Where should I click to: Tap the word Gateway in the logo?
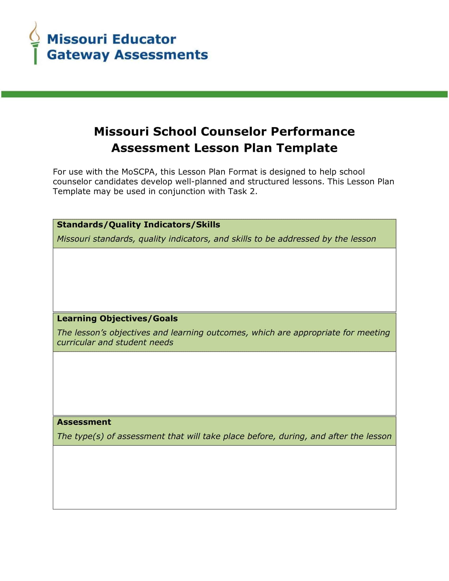[x=78, y=55]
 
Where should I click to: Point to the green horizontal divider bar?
[x=224, y=94]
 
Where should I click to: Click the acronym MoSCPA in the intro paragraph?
[x=138, y=172]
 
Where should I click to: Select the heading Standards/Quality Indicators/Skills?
[x=138, y=224]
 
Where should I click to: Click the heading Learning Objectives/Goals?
[x=117, y=318]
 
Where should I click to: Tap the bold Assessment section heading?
[x=84, y=422]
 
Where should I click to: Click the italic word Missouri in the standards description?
[x=73, y=239]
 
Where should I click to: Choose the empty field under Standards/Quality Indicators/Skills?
[x=224, y=280]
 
